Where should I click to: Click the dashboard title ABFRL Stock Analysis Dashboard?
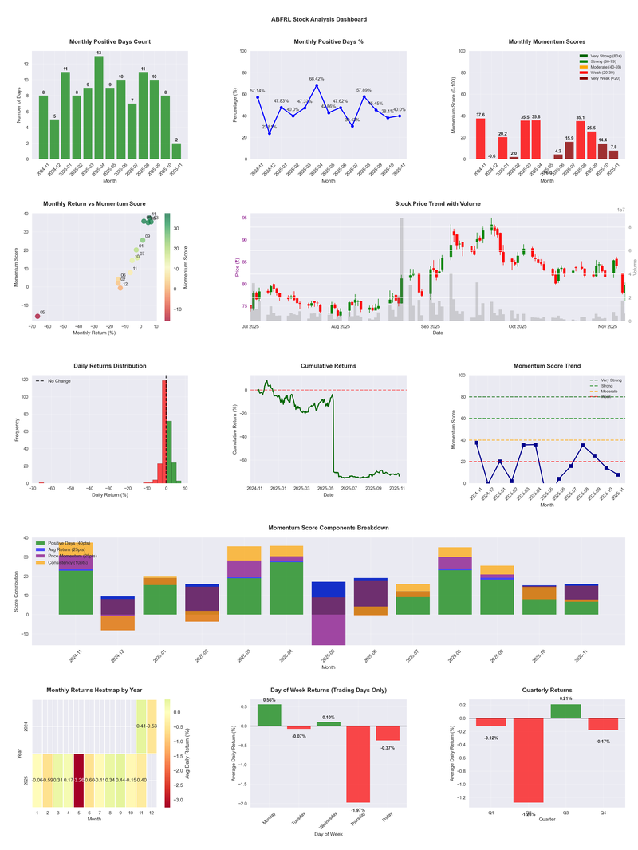(319, 18)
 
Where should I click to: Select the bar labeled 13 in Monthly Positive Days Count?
(99, 108)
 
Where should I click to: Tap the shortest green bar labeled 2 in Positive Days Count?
(176, 151)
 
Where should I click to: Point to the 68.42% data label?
(317, 79)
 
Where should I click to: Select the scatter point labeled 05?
(37, 317)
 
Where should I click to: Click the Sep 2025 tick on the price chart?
(431, 326)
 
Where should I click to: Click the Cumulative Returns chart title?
(329, 366)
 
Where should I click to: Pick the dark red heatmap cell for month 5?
(78, 779)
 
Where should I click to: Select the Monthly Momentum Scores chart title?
(546, 41)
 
